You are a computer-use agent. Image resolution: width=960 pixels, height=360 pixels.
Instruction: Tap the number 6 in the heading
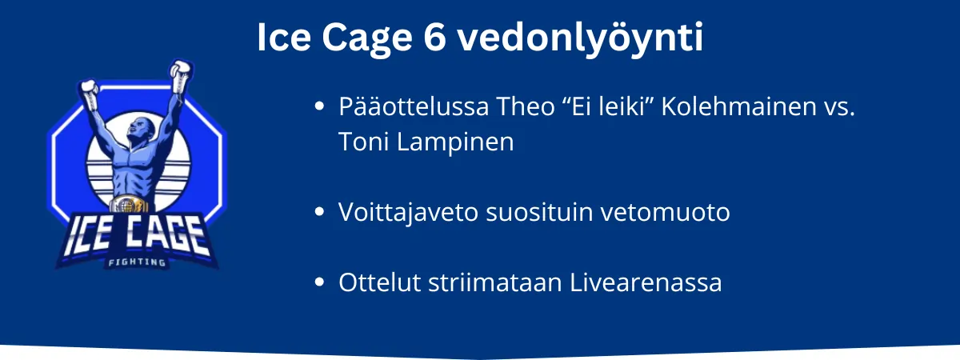[x=435, y=38]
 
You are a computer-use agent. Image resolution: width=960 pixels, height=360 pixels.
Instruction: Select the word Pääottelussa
[x=414, y=106]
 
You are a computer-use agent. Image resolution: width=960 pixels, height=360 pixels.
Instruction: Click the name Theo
[x=526, y=106]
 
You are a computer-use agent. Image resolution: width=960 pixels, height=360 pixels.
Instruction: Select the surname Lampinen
[x=455, y=142]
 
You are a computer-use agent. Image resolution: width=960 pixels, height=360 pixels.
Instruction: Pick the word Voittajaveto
[x=408, y=212]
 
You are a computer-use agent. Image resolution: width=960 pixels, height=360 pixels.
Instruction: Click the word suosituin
[x=539, y=212]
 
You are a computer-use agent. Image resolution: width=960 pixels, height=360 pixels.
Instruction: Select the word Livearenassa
[x=646, y=282]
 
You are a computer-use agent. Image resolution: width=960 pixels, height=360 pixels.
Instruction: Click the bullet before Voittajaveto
[x=319, y=212]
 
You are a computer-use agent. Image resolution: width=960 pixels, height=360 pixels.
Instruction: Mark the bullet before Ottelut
[x=319, y=282]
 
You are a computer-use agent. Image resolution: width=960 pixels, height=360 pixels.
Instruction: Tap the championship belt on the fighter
[x=128, y=205]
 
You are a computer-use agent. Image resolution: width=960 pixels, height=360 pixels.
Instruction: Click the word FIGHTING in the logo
[x=137, y=262]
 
